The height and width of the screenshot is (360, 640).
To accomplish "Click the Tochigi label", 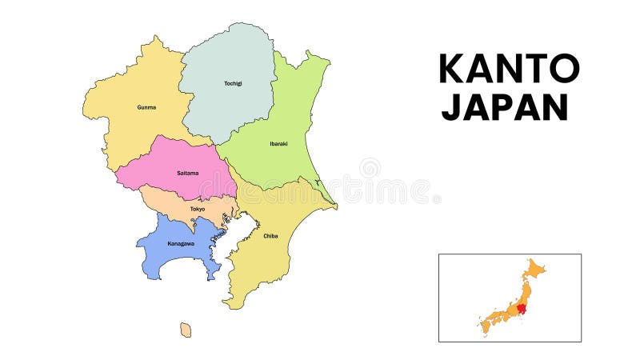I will coord(233,83).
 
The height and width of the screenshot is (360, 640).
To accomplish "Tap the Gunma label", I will coord(146,107).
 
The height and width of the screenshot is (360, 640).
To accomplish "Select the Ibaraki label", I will coord(278,144).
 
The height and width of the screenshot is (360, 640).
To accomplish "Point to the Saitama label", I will coord(187,173).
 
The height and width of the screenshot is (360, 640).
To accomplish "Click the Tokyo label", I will coord(198,209).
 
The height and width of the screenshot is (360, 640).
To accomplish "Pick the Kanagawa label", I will coord(181,243).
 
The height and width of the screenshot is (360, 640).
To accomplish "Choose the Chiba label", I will coord(270,236).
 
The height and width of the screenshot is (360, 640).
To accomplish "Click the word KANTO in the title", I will coord(508,69).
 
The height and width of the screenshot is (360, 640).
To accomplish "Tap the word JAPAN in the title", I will coord(505,106).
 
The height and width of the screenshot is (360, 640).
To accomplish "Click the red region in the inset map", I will coord(523,308).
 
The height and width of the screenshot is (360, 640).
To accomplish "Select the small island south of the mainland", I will coord(186,330).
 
